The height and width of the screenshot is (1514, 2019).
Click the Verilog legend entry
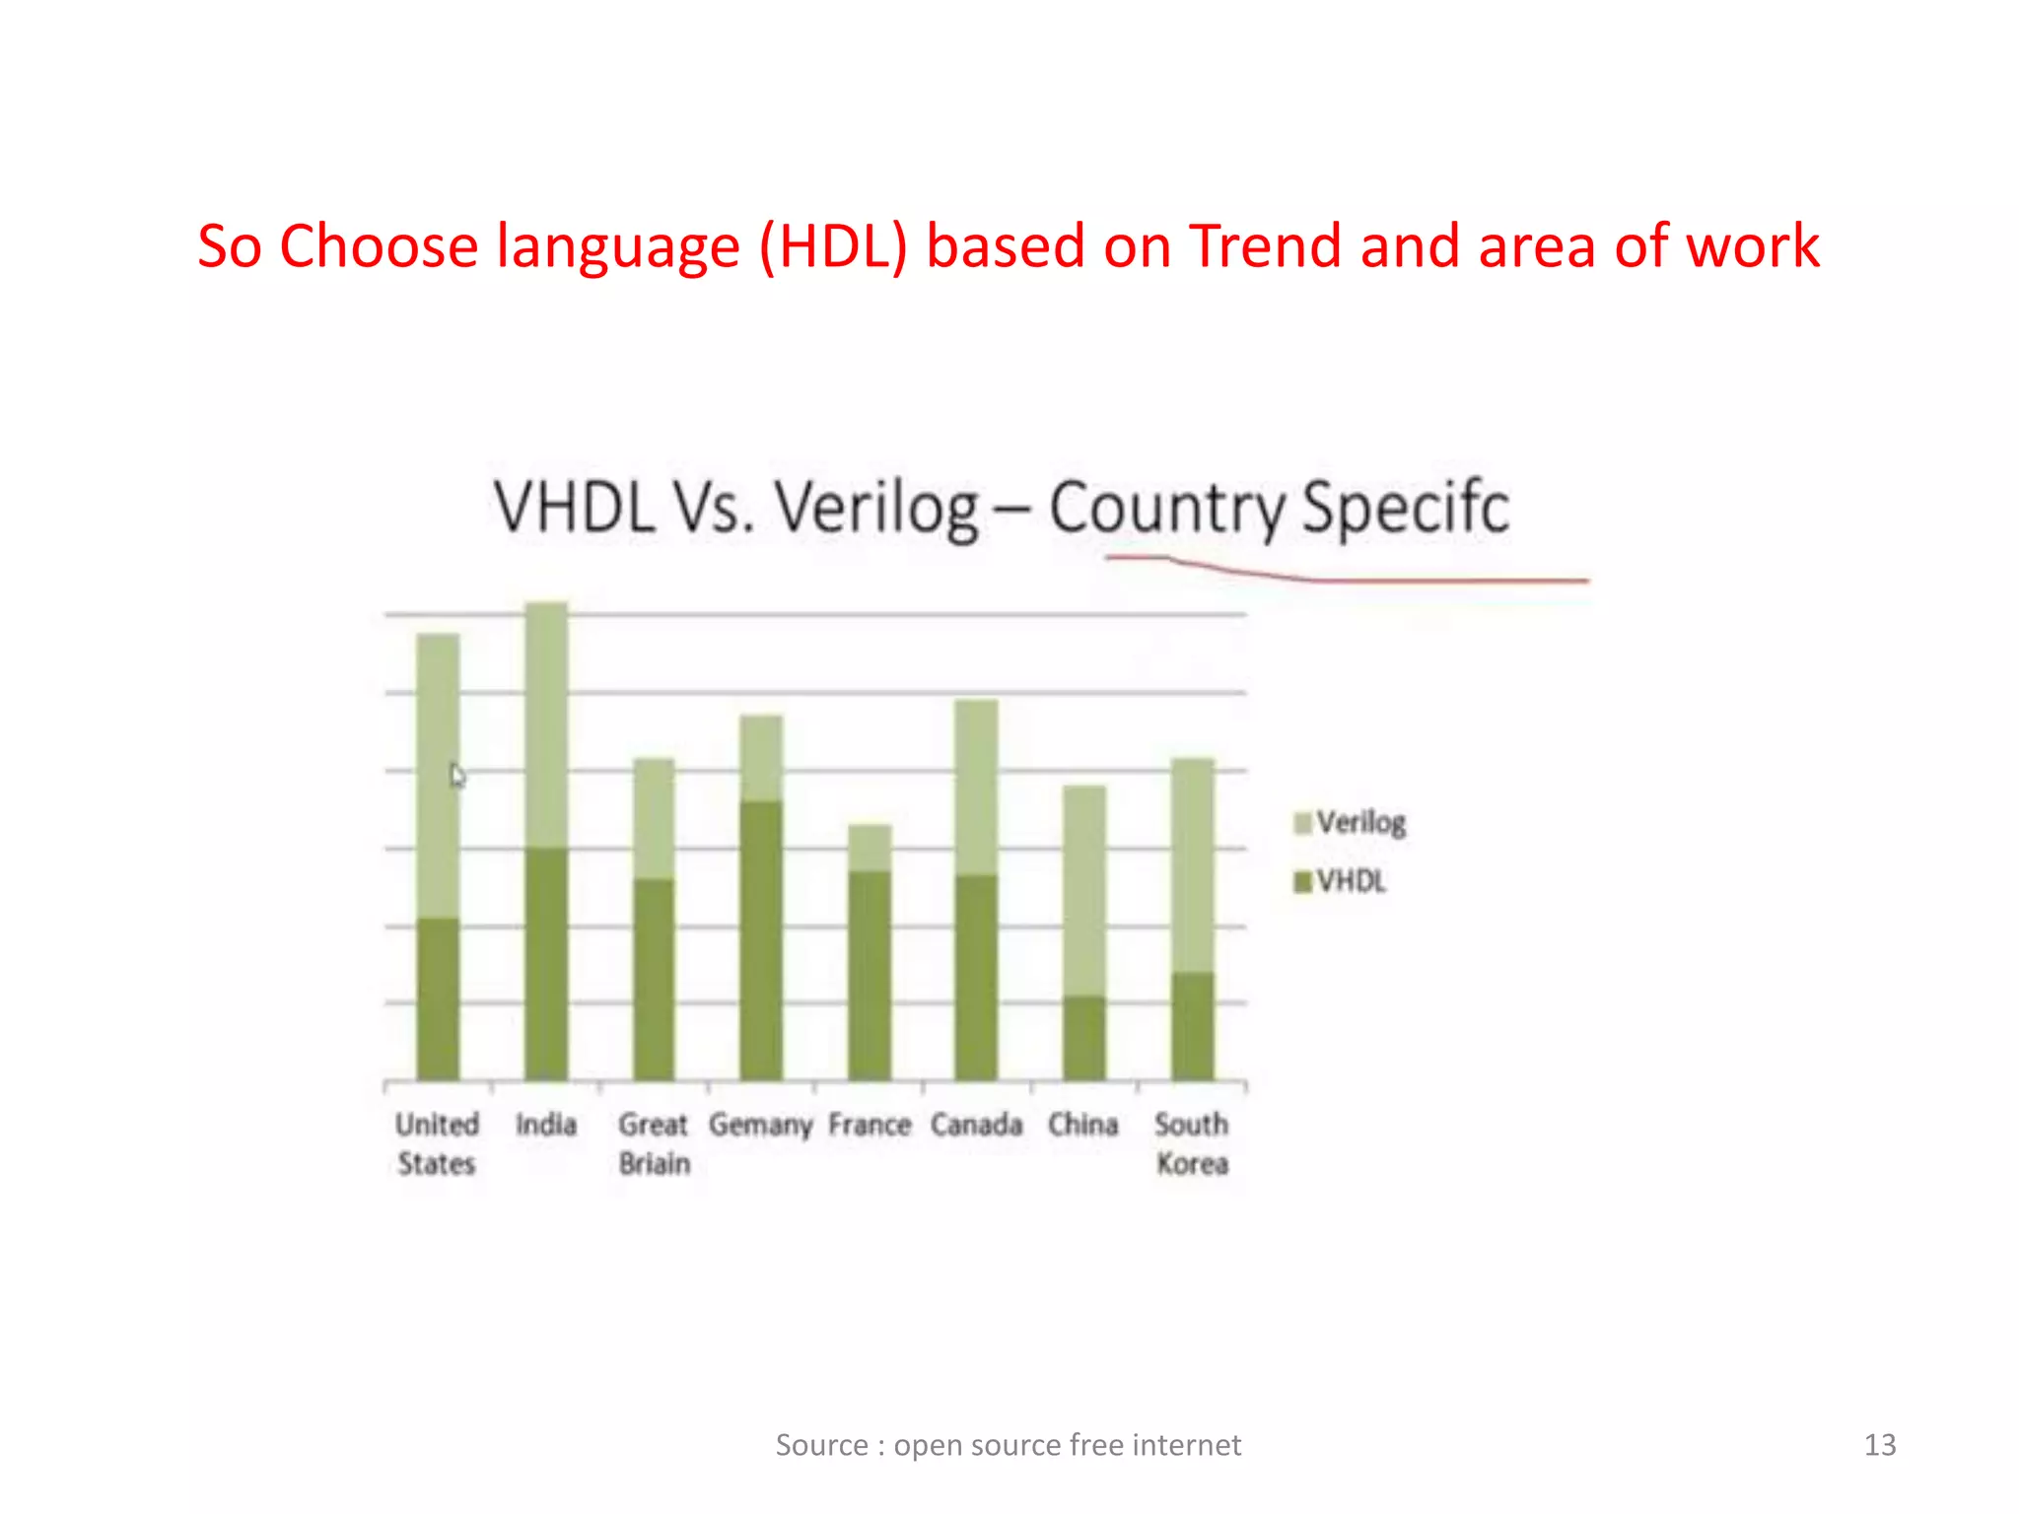(x=1350, y=822)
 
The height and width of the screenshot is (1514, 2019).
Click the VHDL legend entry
(x=1341, y=881)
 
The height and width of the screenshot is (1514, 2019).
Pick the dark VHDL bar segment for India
(x=546, y=963)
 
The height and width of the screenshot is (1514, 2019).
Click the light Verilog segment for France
(x=870, y=848)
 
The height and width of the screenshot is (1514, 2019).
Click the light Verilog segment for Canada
(x=976, y=787)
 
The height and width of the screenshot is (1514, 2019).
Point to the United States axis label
(x=437, y=1143)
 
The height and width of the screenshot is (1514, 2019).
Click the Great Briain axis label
(x=654, y=1143)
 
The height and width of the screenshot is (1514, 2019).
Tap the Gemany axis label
(x=760, y=1125)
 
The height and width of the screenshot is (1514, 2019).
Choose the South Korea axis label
(x=1191, y=1143)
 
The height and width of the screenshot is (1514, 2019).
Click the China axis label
(x=1082, y=1125)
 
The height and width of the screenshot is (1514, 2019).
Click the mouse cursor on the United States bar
(x=456, y=776)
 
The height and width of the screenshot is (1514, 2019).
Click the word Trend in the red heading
(x=1266, y=245)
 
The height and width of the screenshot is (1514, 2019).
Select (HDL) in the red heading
(x=833, y=245)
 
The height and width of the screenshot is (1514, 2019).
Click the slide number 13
(x=1879, y=1445)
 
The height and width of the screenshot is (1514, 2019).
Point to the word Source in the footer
(x=822, y=1445)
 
